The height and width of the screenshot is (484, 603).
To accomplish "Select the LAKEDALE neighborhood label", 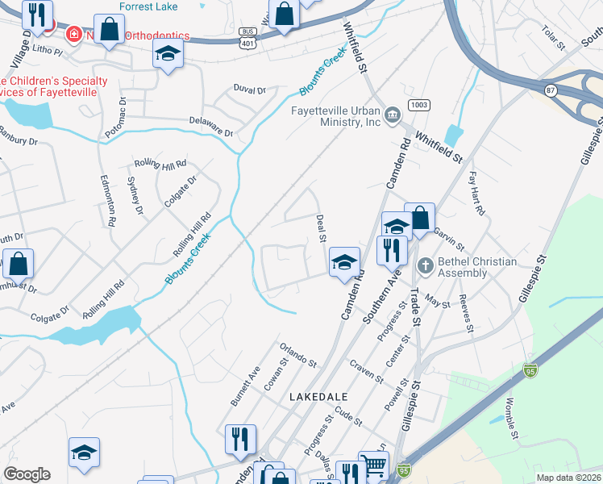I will click(x=318, y=398).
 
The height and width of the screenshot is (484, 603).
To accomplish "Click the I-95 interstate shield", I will click(x=530, y=370).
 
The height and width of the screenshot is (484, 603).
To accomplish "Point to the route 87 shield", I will click(x=551, y=90).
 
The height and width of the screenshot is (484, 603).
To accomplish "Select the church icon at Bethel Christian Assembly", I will click(x=426, y=265).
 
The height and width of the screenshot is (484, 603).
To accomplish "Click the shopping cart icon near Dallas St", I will click(x=373, y=465).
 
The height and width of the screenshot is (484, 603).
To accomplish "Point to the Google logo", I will click(x=27, y=474).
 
